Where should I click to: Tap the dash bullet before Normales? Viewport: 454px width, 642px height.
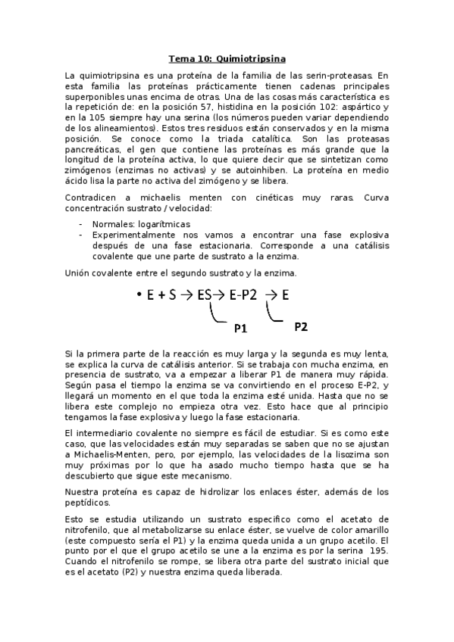click(x=81, y=225)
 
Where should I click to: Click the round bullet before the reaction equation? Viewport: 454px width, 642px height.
click(x=139, y=296)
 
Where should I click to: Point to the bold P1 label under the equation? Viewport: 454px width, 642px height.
click(x=241, y=329)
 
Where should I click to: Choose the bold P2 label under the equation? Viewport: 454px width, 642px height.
click(x=301, y=326)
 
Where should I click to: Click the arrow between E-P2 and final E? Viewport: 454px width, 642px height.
click(x=271, y=296)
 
